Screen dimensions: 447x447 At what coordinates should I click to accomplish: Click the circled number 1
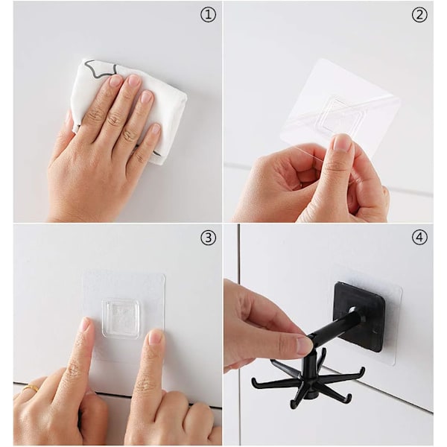click(209, 15)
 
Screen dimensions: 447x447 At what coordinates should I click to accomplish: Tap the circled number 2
click(419, 15)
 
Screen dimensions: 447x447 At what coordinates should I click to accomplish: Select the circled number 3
click(209, 238)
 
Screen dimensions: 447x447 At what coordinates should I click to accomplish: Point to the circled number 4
click(419, 238)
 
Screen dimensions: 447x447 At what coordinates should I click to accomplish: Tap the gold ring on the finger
click(32, 387)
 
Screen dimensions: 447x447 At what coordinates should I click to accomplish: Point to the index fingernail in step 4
click(304, 345)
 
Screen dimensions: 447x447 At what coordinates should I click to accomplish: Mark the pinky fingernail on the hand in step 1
click(156, 129)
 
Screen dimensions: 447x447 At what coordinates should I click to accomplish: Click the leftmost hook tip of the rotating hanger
click(253, 380)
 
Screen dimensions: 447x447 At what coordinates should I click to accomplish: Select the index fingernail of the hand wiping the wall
click(115, 80)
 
